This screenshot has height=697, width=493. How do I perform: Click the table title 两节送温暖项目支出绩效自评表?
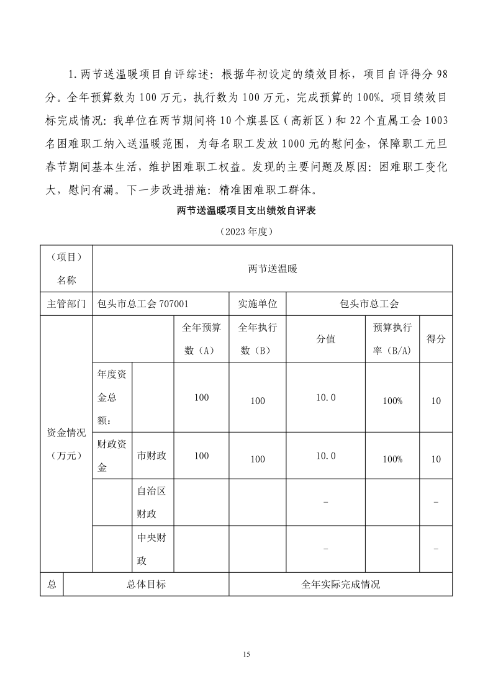pos(246,211)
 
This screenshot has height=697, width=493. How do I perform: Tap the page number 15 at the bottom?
pos(246,654)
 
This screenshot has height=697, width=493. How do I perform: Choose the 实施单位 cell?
pos(258,304)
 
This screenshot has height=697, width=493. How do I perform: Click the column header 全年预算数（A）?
pos(201,339)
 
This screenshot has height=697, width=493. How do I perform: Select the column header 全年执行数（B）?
pos(258,339)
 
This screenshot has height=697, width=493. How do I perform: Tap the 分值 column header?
pos(326,339)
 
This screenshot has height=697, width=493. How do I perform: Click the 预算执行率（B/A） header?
pos(392,339)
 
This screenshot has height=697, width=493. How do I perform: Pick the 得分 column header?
pos(436,339)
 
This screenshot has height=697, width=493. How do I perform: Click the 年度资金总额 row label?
pos(112,397)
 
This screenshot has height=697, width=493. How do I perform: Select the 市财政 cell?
pos(152,456)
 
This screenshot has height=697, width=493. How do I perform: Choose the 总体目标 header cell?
pos(146,584)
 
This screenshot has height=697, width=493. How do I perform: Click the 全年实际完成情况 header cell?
pos(340,584)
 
